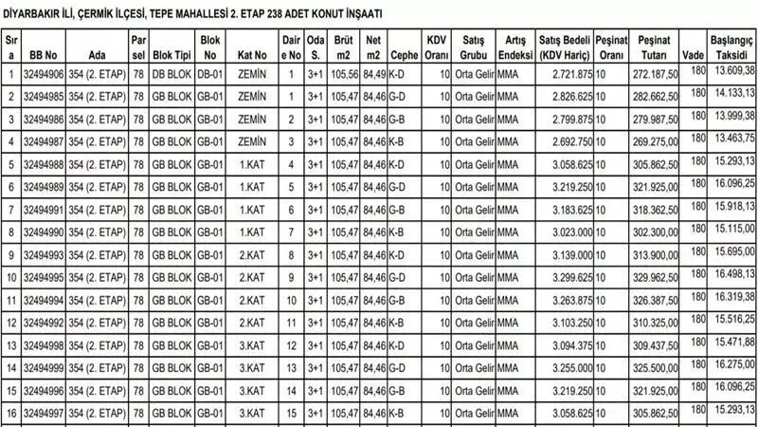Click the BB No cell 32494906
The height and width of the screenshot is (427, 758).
[x=44, y=73]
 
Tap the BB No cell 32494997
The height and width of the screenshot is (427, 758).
[x=44, y=414]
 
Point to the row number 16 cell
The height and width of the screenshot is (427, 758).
[x=10, y=414]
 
